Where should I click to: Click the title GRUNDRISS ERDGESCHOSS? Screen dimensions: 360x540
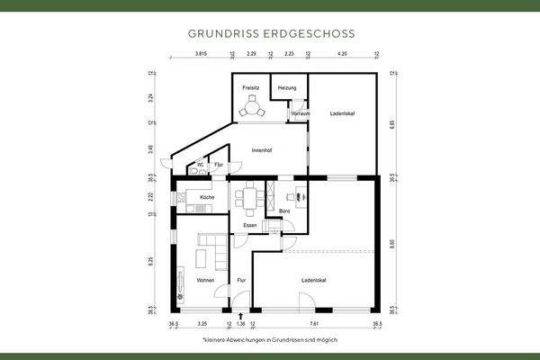tap(270, 33)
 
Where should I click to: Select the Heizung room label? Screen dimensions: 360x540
tap(287, 87)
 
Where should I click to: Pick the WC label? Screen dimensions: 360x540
tap(200, 164)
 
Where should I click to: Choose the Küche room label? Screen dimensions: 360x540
tap(207, 196)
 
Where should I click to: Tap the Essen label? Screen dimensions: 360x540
tap(251, 225)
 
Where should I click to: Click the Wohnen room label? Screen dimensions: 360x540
tap(206, 281)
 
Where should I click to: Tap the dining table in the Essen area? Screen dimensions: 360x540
tap(251, 196)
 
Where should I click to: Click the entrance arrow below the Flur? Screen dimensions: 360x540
tap(241, 315)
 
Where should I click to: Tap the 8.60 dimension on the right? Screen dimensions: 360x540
tap(393, 243)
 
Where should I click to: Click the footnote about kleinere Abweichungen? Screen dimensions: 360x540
tap(270, 341)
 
